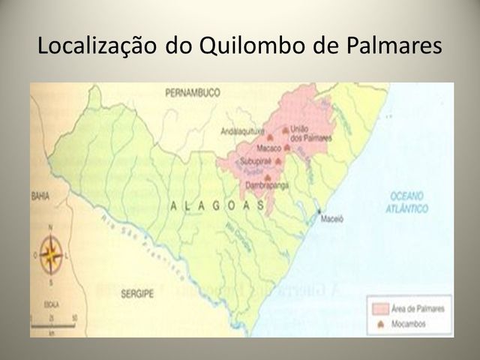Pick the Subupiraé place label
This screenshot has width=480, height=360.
coord(253,161)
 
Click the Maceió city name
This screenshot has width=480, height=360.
coord(331,222)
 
